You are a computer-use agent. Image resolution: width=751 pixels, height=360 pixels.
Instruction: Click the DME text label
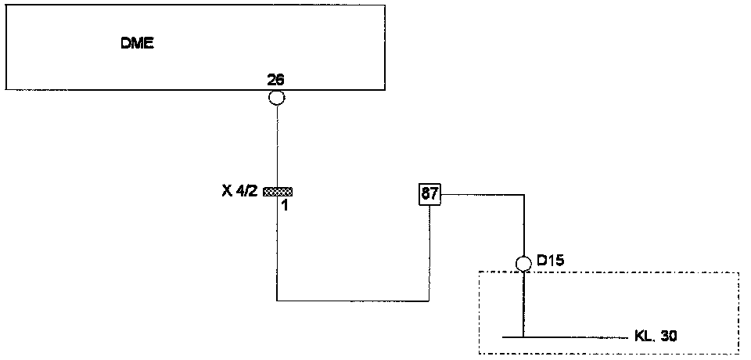pyautogui.click(x=137, y=44)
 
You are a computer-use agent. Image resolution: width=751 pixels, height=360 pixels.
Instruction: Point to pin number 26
pyautogui.click(x=275, y=80)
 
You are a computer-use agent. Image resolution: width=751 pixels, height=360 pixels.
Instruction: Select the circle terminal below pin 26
pyautogui.click(x=276, y=98)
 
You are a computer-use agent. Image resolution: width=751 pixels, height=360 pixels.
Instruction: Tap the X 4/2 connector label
pyautogui.click(x=239, y=191)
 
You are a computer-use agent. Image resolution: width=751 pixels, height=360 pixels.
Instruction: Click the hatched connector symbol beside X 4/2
pyautogui.click(x=278, y=191)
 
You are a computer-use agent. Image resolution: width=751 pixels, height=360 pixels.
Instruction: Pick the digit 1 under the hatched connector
pyautogui.click(x=285, y=206)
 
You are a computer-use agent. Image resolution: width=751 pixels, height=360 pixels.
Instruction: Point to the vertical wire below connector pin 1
pyautogui.click(x=277, y=250)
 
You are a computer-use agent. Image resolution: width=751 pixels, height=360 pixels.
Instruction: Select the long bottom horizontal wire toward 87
pyautogui.click(x=352, y=301)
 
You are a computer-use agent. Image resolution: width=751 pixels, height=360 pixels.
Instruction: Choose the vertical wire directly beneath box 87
pyautogui.click(x=429, y=250)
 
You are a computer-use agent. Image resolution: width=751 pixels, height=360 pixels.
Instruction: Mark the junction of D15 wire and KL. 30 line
pyautogui.click(x=524, y=337)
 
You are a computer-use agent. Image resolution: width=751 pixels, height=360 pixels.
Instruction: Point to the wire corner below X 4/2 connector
pyautogui.click(x=277, y=301)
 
